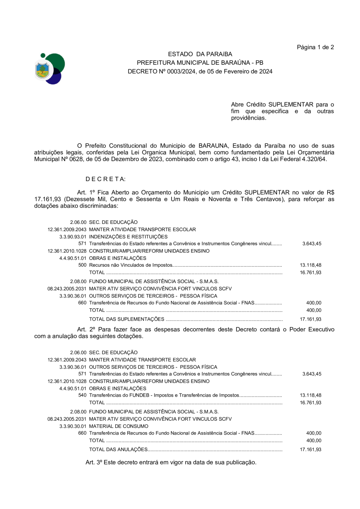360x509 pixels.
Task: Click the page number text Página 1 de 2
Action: click(x=315, y=47)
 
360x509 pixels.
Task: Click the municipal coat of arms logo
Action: click(x=49, y=69)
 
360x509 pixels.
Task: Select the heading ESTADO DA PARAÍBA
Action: click(x=200, y=54)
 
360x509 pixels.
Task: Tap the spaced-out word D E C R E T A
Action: click(x=106, y=179)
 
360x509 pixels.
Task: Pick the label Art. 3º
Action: click(x=94, y=462)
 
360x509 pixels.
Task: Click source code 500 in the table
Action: click(x=82, y=265)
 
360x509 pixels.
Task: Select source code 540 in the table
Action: click(x=82, y=395)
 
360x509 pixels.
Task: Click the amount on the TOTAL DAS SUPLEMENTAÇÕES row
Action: click(x=310, y=319)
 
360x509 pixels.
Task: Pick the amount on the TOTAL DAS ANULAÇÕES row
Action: click(x=310, y=449)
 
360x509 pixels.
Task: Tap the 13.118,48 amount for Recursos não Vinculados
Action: click(x=310, y=265)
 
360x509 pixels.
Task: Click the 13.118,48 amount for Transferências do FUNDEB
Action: click(x=310, y=395)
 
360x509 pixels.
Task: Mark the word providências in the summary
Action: click(x=248, y=118)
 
